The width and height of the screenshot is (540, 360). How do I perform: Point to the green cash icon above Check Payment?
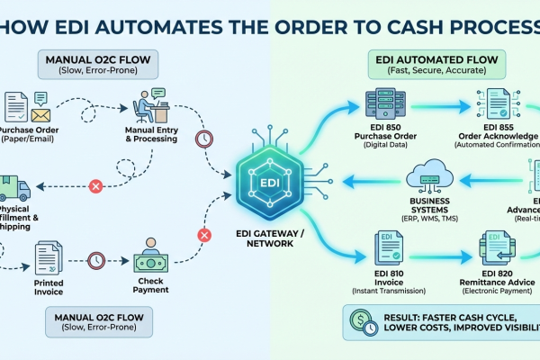pos(148,262)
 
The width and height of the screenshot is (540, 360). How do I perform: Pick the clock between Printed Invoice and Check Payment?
pos(95,262)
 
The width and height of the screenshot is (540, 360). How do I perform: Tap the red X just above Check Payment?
pos(203,236)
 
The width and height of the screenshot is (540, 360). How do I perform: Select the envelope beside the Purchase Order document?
pos(40,114)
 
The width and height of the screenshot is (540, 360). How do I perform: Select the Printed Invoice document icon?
pos(47,261)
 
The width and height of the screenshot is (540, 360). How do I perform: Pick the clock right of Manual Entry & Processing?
pos(204,139)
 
